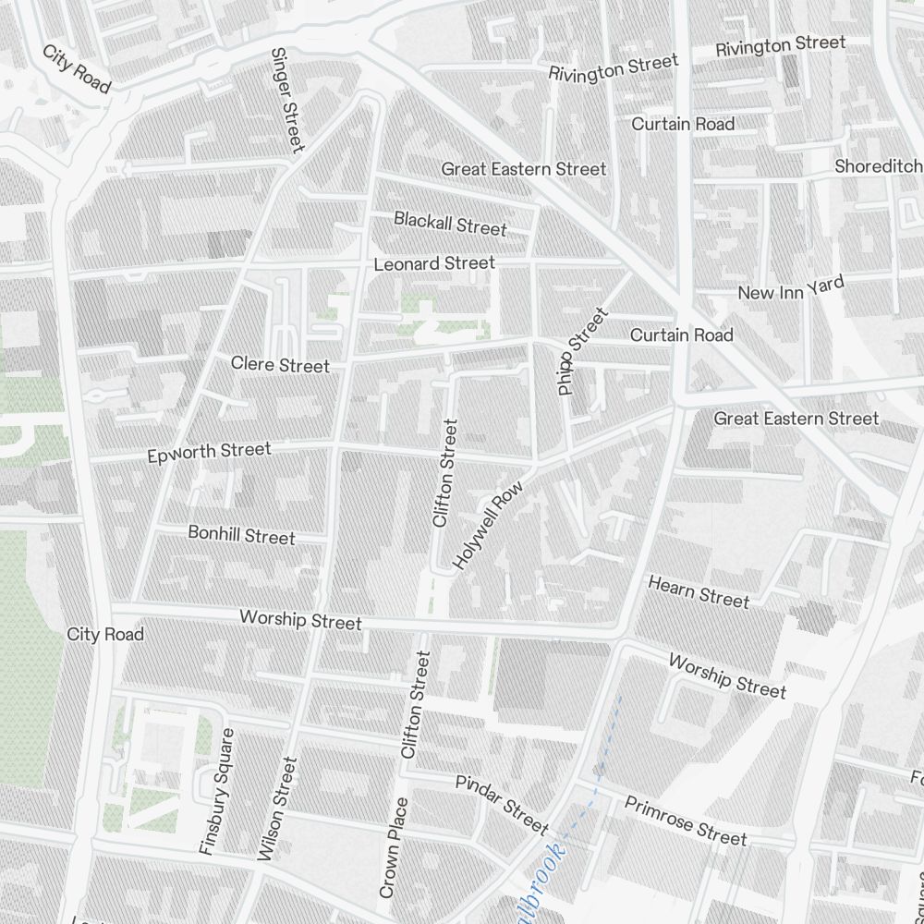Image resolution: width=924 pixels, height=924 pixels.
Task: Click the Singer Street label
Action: pyautogui.click(x=286, y=101)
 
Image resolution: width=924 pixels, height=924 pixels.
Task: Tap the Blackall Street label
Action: pyautogui.click(x=450, y=223)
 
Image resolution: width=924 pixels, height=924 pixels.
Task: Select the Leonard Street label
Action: pyautogui.click(x=434, y=263)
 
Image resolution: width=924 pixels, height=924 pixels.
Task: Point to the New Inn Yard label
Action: pyautogui.click(x=791, y=288)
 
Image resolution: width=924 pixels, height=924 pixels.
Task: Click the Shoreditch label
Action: pyautogui.click(x=878, y=166)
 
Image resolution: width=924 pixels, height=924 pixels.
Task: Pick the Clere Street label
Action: pyautogui.click(x=280, y=365)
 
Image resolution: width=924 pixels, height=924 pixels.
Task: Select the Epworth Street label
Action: pyautogui.click(x=210, y=453)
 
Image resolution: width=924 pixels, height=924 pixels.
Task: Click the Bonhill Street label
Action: pyautogui.click(x=241, y=535)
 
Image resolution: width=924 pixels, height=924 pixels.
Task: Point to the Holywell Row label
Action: pyautogui.click(x=489, y=524)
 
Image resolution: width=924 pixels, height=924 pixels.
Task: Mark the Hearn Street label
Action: pyautogui.click(x=699, y=592)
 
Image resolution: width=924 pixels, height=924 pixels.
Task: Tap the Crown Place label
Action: pyautogui.click(x=393, y=847)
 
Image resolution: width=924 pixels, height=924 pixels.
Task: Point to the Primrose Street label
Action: pyautogui.click(x=685, y=821)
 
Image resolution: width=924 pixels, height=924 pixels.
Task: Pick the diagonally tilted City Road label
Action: pyautogui.click(x=77, y=67)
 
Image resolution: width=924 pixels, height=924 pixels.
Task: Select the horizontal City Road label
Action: pyautogui.click(x=105, y=635)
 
